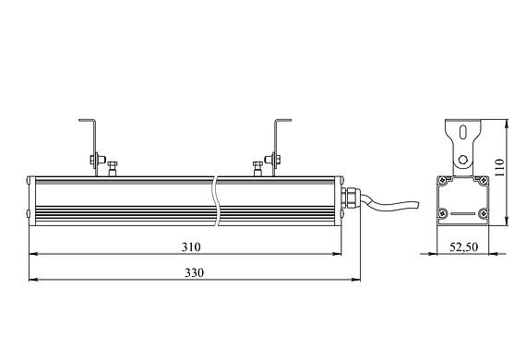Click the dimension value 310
click(191, 247)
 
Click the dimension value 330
click(194, 272)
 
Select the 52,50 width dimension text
click(463, 247)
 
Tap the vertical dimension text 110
click(499, 167)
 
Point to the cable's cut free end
click(418, 205)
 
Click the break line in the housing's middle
click(216, 200)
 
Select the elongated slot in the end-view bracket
click(463, 132)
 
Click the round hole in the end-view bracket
click(463, 160)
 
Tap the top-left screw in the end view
click(443, 181)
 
